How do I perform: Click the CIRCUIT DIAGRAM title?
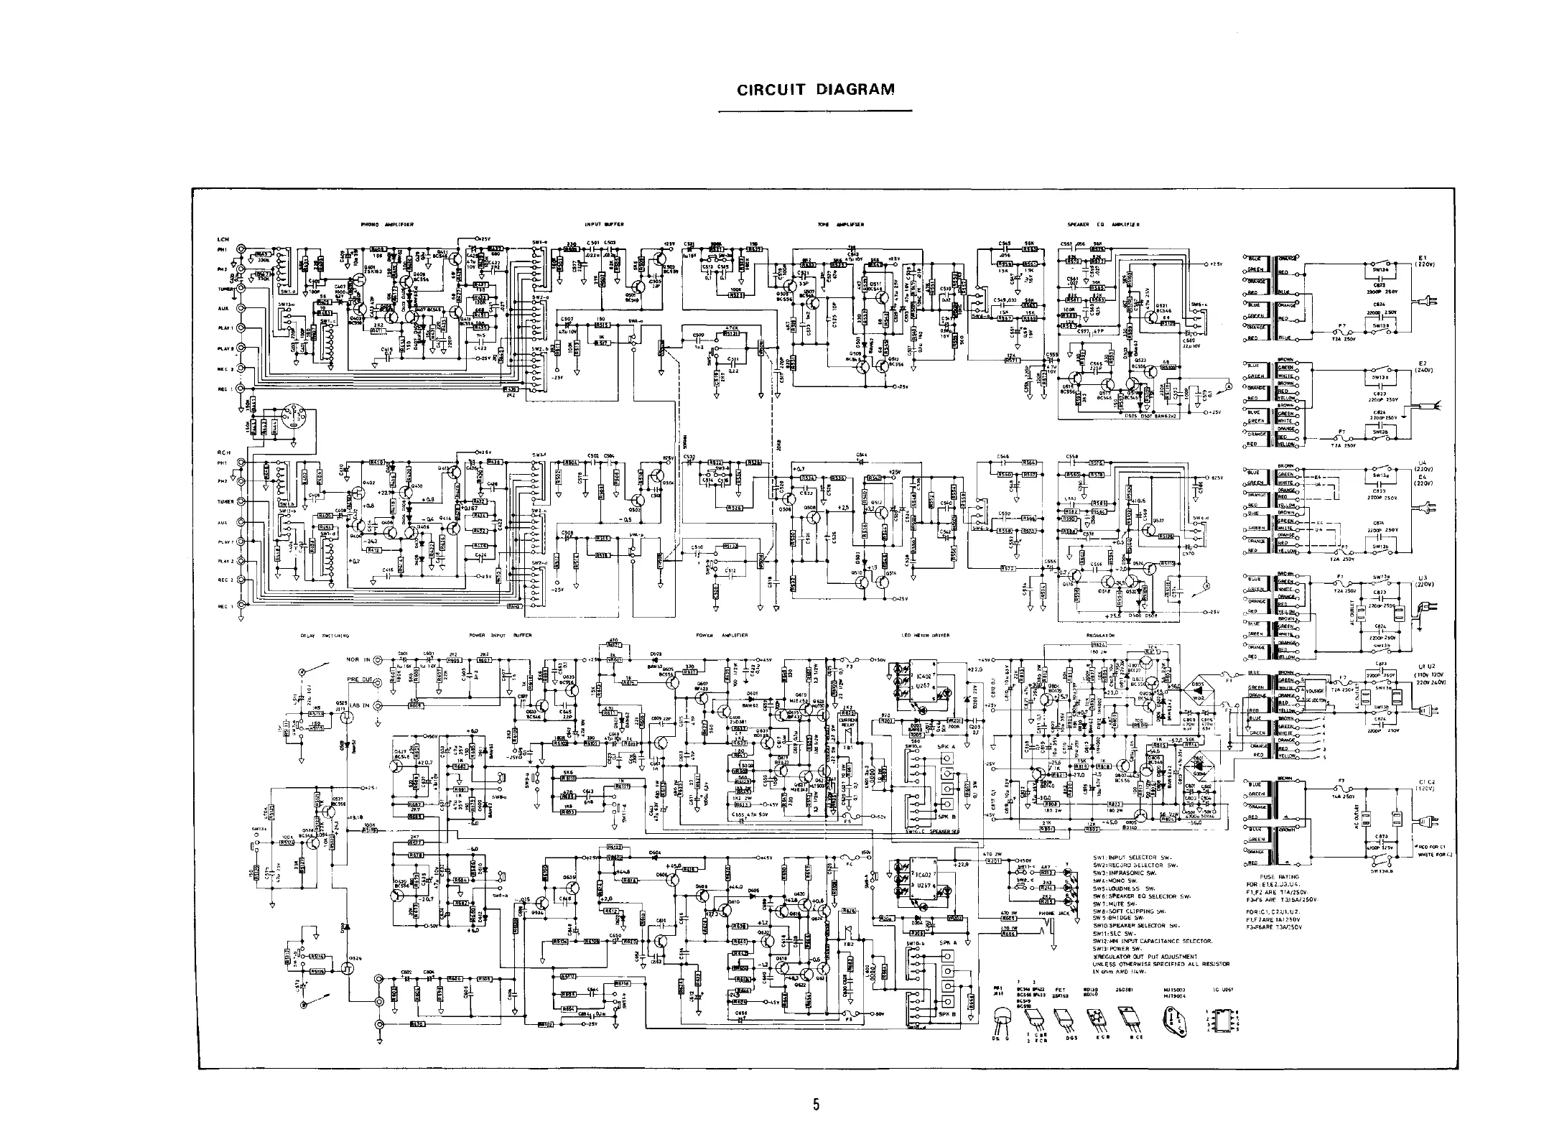click(816, 90)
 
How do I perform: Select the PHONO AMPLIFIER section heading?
click(387, 225)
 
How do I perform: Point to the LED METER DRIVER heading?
click(926, 636)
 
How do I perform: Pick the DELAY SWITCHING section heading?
click(325, 636)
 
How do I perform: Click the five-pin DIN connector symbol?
click(292, 419)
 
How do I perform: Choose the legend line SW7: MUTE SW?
click(1121, 904)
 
